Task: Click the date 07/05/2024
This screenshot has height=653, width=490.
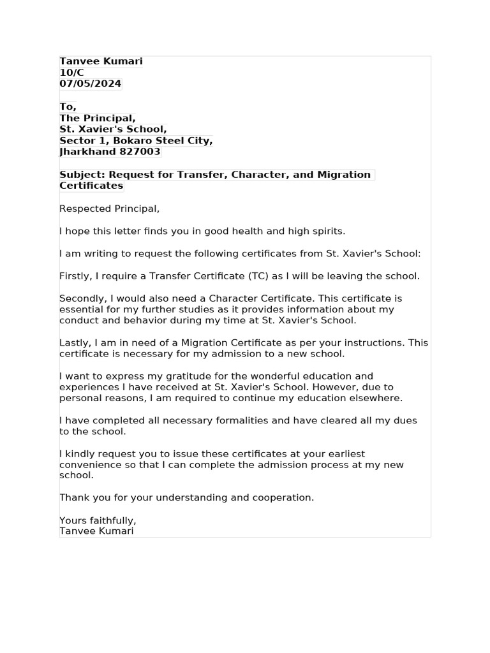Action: click(90, 84)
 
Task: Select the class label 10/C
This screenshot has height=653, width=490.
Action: click(71, 73)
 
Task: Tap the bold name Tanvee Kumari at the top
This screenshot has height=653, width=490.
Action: click(101, 61)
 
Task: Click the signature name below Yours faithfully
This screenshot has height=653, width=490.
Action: click(96, 531)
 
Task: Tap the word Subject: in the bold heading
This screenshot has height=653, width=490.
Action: click(82, 175)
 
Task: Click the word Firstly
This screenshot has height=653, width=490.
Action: click(75, 276)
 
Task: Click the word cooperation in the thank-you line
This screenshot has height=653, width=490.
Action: click(283, 497)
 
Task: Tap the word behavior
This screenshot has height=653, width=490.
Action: click(144, 321)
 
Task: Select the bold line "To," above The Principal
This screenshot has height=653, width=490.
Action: click(68, 106)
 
